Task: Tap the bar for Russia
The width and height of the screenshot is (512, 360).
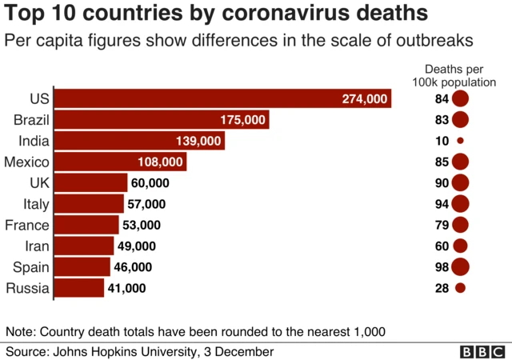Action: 79,288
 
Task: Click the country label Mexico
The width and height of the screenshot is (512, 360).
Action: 27,162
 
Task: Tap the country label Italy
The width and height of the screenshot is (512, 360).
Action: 35,204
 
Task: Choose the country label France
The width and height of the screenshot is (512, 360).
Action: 27,225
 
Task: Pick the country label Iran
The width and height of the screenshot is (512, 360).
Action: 37,246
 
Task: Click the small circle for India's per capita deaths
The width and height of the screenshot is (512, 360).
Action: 460,141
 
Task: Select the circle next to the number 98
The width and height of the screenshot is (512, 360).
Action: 460,267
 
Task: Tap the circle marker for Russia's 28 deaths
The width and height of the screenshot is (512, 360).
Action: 460,288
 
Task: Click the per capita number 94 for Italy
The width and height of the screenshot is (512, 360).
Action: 442,204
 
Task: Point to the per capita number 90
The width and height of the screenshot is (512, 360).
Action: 442,183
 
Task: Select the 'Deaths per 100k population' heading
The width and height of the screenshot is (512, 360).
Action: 460,75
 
